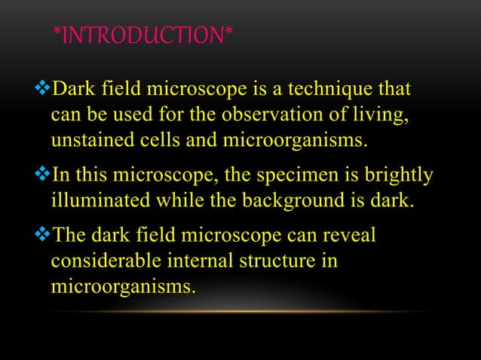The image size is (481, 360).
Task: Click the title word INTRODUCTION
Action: tap(143, 35)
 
